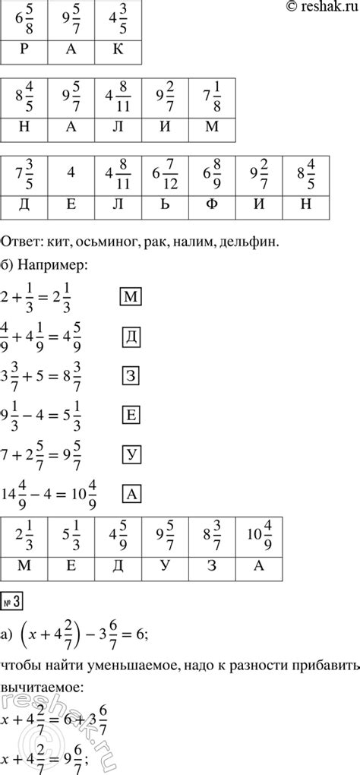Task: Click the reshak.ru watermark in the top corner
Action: click(x=318, y=7)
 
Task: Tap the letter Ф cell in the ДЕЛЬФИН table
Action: click(x=212, y=204)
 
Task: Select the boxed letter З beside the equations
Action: click(x=130, y=373)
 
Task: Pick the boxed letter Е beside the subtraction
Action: click(x=130, y=415)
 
